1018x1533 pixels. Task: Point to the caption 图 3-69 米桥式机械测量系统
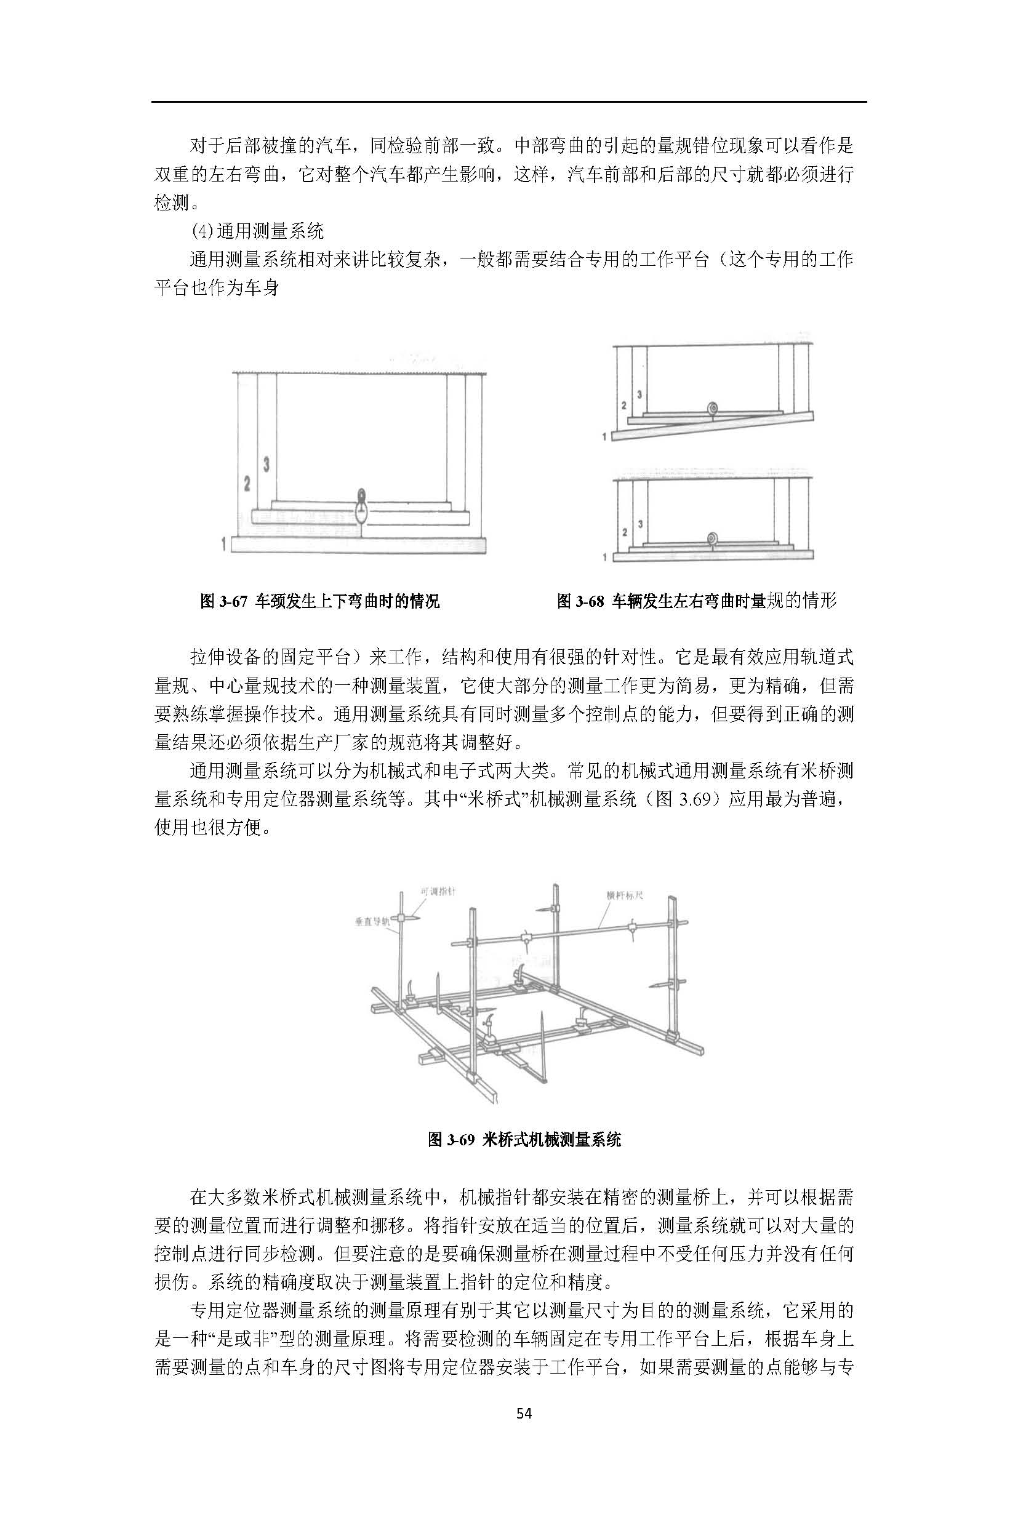pos(524,1140)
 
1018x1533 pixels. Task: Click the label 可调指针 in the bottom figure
pos(438,892)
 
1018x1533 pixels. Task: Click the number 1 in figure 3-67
pos(224,544)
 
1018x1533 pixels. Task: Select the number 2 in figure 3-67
pos(247,484)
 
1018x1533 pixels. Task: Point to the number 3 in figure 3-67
pos(266,464)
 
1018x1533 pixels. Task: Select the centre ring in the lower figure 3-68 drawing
pos(713,538)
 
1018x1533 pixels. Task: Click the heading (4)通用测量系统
pos(258,230)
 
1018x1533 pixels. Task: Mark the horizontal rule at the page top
pos(509,102)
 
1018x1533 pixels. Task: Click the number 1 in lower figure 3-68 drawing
pos(605,557)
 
